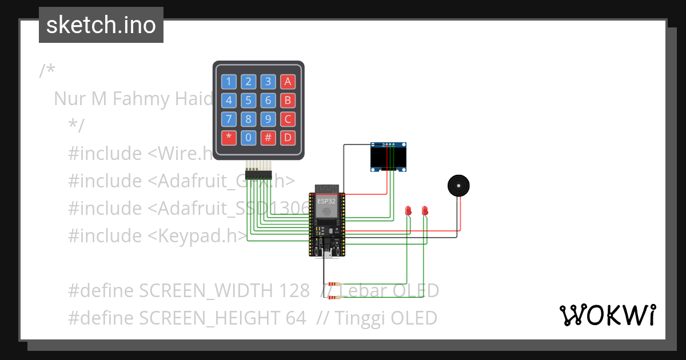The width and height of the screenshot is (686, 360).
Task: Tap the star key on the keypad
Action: pyautogui.click(x=229, y=138)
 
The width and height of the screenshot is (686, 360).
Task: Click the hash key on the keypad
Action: pyautogui.click(x=268, y=138)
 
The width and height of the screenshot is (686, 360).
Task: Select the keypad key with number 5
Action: pyautogui.click(x=248, y=101)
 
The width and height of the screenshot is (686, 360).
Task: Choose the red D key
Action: pyautogui.click(x=288, y=138)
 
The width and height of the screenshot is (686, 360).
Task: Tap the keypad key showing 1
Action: pyautogui.click(x=229, y=82)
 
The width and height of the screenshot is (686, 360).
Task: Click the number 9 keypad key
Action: pyautogui.click(x=268, y=119)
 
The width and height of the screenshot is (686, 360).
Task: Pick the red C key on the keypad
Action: pyautogui.click(x=288, y=119)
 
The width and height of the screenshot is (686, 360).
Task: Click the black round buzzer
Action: pyautogui.click(x=458, y=186)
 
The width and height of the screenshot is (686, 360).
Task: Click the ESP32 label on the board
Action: pyautogui.click(x=327, y=201)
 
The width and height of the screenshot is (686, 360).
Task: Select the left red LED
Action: pyautogui.click(x=408, y=211)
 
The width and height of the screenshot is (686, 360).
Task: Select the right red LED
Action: pyautogui.click(x=425, y=211)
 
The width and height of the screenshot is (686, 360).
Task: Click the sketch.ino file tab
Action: pyautogui.click(x=101, y=25)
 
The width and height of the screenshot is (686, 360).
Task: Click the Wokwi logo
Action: pyautogui.click(x=607, y=315)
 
